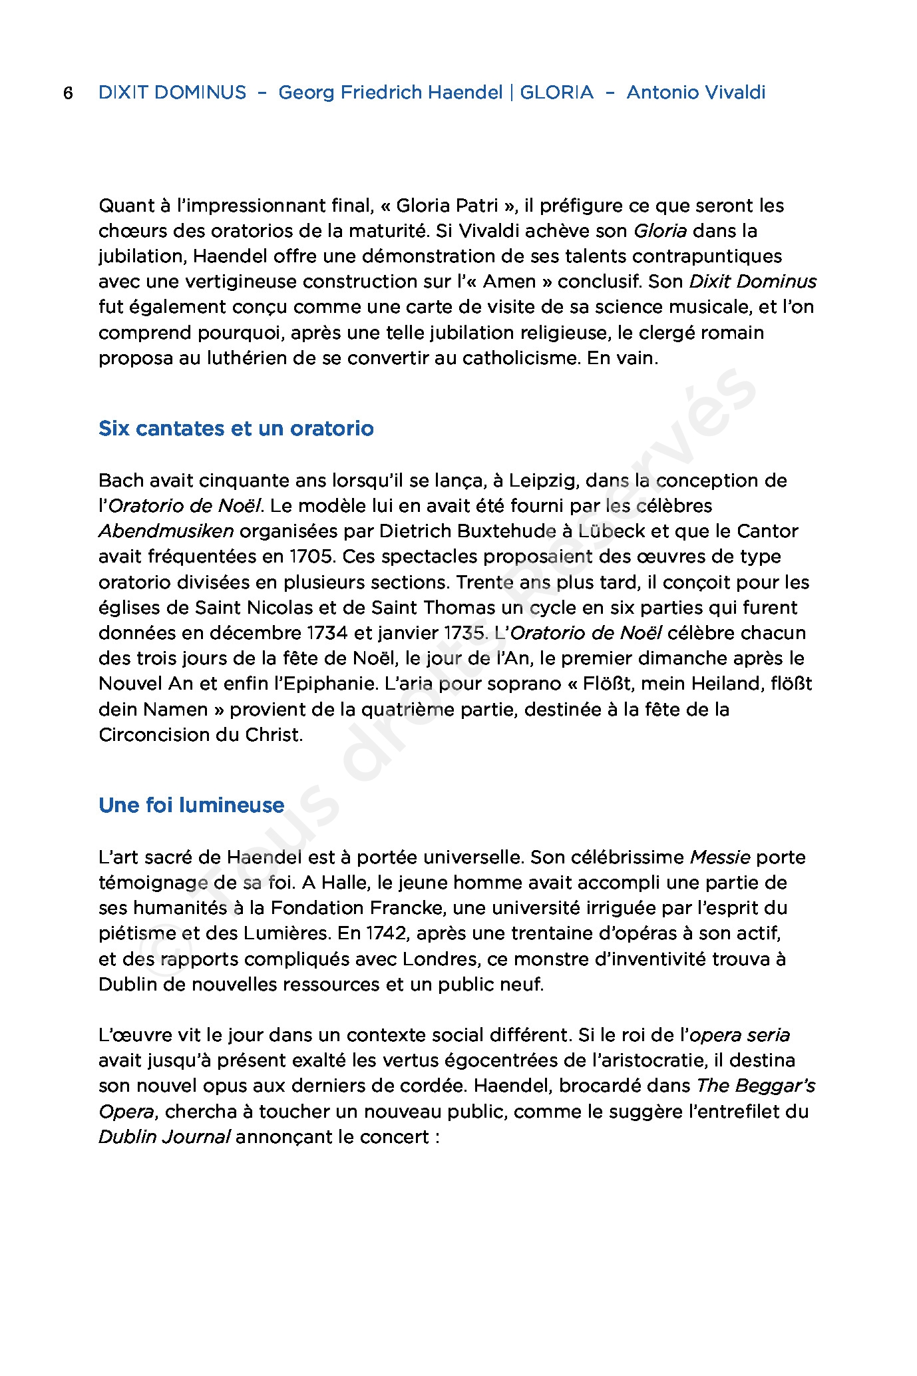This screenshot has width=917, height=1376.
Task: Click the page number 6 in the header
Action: click(68, 93)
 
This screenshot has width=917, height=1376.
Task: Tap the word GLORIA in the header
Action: click(556, 93)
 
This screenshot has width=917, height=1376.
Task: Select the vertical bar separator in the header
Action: click(511, 93)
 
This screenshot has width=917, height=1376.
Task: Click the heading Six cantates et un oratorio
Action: click(236, 428)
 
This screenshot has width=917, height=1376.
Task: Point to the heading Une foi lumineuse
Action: click(191, 805)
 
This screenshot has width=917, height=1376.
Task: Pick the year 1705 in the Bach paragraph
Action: click(311, 557)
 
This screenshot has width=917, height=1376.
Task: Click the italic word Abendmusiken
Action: click(166, 531)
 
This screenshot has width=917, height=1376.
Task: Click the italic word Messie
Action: click(720, 857)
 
